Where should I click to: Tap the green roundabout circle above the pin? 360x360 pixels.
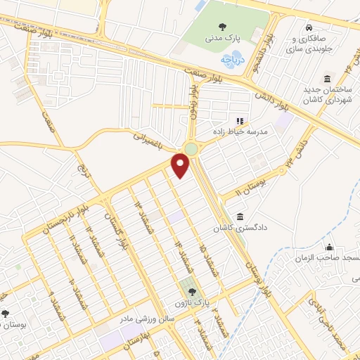pos(191,148)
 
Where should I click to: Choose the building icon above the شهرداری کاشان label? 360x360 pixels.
pos(327,79)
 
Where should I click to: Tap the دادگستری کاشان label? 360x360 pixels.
pos(240,228)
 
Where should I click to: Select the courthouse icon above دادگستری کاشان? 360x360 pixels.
pos(241,216)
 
